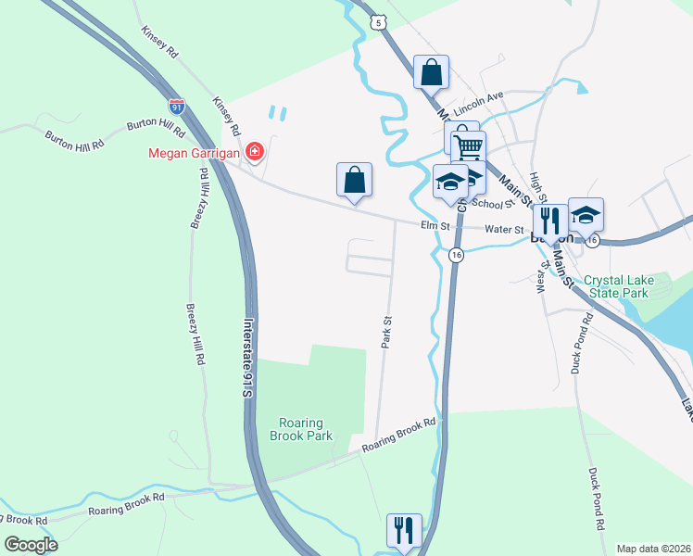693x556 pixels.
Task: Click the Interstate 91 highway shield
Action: [177, 106]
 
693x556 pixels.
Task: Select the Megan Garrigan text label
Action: [193, 153]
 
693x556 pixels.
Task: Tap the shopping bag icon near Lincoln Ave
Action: [431, 71]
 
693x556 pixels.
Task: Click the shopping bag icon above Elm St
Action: [355, 179]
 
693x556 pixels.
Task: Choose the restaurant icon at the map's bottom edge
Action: [404, 530]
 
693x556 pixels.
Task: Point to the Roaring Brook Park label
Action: [300, 428]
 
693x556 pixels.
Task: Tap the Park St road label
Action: [387, 333]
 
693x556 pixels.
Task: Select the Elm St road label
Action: [435, 225]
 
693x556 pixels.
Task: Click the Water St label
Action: [506, 230]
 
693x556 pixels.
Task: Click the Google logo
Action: [31, 544]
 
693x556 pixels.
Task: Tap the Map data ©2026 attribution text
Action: [653, 549]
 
